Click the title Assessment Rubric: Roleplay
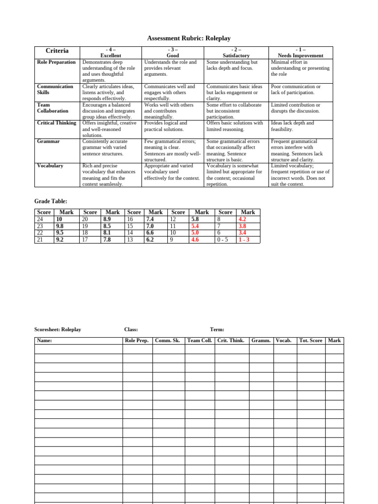(x=189, y=38)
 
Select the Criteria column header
(x=57, y=51)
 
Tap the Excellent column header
(x=111, y=56)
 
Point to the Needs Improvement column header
(x=301, y=56)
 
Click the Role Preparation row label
(x=57, y=62)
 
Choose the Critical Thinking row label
(x=57, y=123)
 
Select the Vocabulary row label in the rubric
(x=50, y=166)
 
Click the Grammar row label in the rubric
(x=48, y=141)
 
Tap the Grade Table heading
(x=51, y=201)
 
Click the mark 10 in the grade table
(x=59, y=219)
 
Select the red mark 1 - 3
(x=244, y=240)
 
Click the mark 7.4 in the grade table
(x=151, y=219)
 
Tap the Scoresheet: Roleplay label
(x=58, y=330)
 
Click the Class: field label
(x=131, y=330)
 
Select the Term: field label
(x=217, y=330)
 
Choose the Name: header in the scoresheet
(x=44, y=340)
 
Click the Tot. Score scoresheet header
(x=311, y=340)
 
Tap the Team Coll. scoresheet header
(x=200, y=340)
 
